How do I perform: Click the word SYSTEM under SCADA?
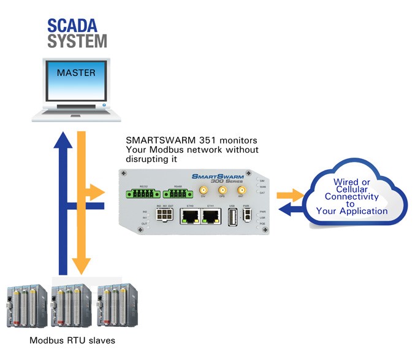(77, 42)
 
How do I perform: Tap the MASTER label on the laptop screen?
(75, 72)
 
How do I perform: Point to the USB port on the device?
(232, 218)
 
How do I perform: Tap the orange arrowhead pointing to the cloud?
(299, 196)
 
